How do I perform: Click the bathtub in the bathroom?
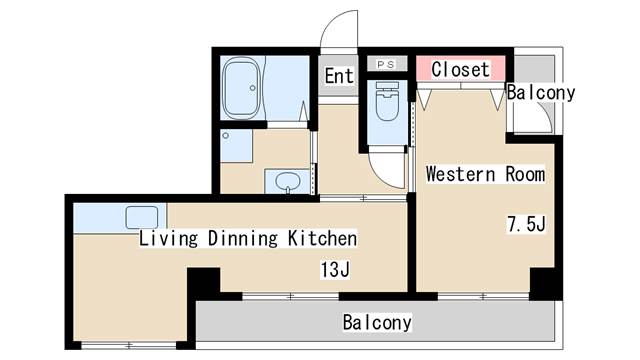[242, 88]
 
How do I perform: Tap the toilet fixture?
[387, 101]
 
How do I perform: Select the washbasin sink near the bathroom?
[287, 182]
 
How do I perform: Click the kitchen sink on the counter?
[142, 217]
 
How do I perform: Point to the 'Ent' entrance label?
[339, 76]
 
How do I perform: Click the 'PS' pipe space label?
[386, 64]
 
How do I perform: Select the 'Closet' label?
[460, 69]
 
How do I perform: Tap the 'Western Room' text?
[485, 174]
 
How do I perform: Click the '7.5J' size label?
[526, 224]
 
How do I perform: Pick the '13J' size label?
[335, 269]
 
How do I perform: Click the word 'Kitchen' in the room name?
[322, 239]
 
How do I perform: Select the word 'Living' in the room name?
[169, 239]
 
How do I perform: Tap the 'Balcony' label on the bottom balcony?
[377, 322]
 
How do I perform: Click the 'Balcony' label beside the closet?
[541, 93]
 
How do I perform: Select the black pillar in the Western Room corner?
[546, 284]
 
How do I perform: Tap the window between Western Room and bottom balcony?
[483, 296]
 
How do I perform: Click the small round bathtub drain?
[253, 88]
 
